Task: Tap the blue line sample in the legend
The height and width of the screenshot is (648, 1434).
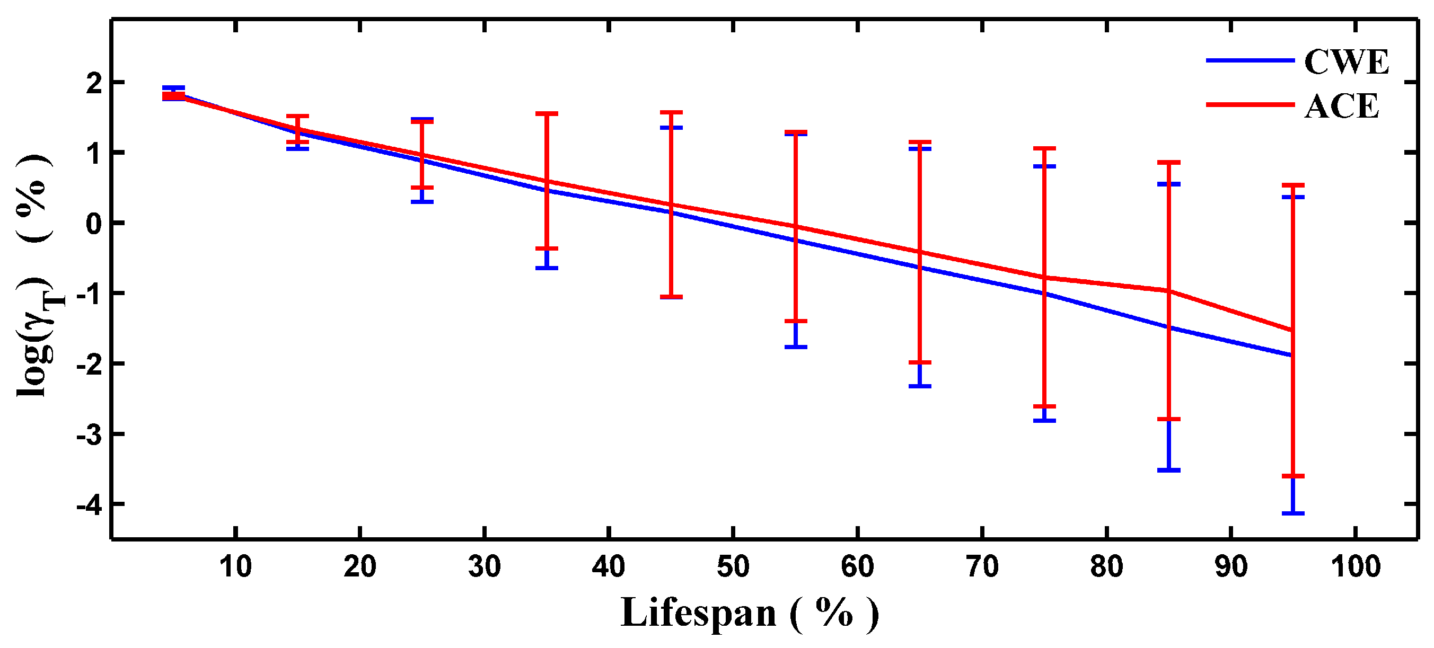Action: click(1250, 60)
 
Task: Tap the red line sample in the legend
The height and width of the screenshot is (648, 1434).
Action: click(1250, 104)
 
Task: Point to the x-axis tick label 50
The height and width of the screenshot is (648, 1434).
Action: click(733, 567)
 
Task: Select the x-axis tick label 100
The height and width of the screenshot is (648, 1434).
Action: click(1355, 567)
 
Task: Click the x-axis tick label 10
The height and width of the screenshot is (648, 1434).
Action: click(235, 567)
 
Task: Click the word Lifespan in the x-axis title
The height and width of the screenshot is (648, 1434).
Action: click(698, 613)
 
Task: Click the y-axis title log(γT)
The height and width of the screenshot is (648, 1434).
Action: click(36, 334)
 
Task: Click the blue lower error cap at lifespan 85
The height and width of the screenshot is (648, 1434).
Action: click(1168, 470)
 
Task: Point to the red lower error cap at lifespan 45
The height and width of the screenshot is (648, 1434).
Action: click(671, 297)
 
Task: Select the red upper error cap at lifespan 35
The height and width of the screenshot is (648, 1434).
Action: click(547, 113)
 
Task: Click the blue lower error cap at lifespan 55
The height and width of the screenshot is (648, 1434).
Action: click(796, 347)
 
